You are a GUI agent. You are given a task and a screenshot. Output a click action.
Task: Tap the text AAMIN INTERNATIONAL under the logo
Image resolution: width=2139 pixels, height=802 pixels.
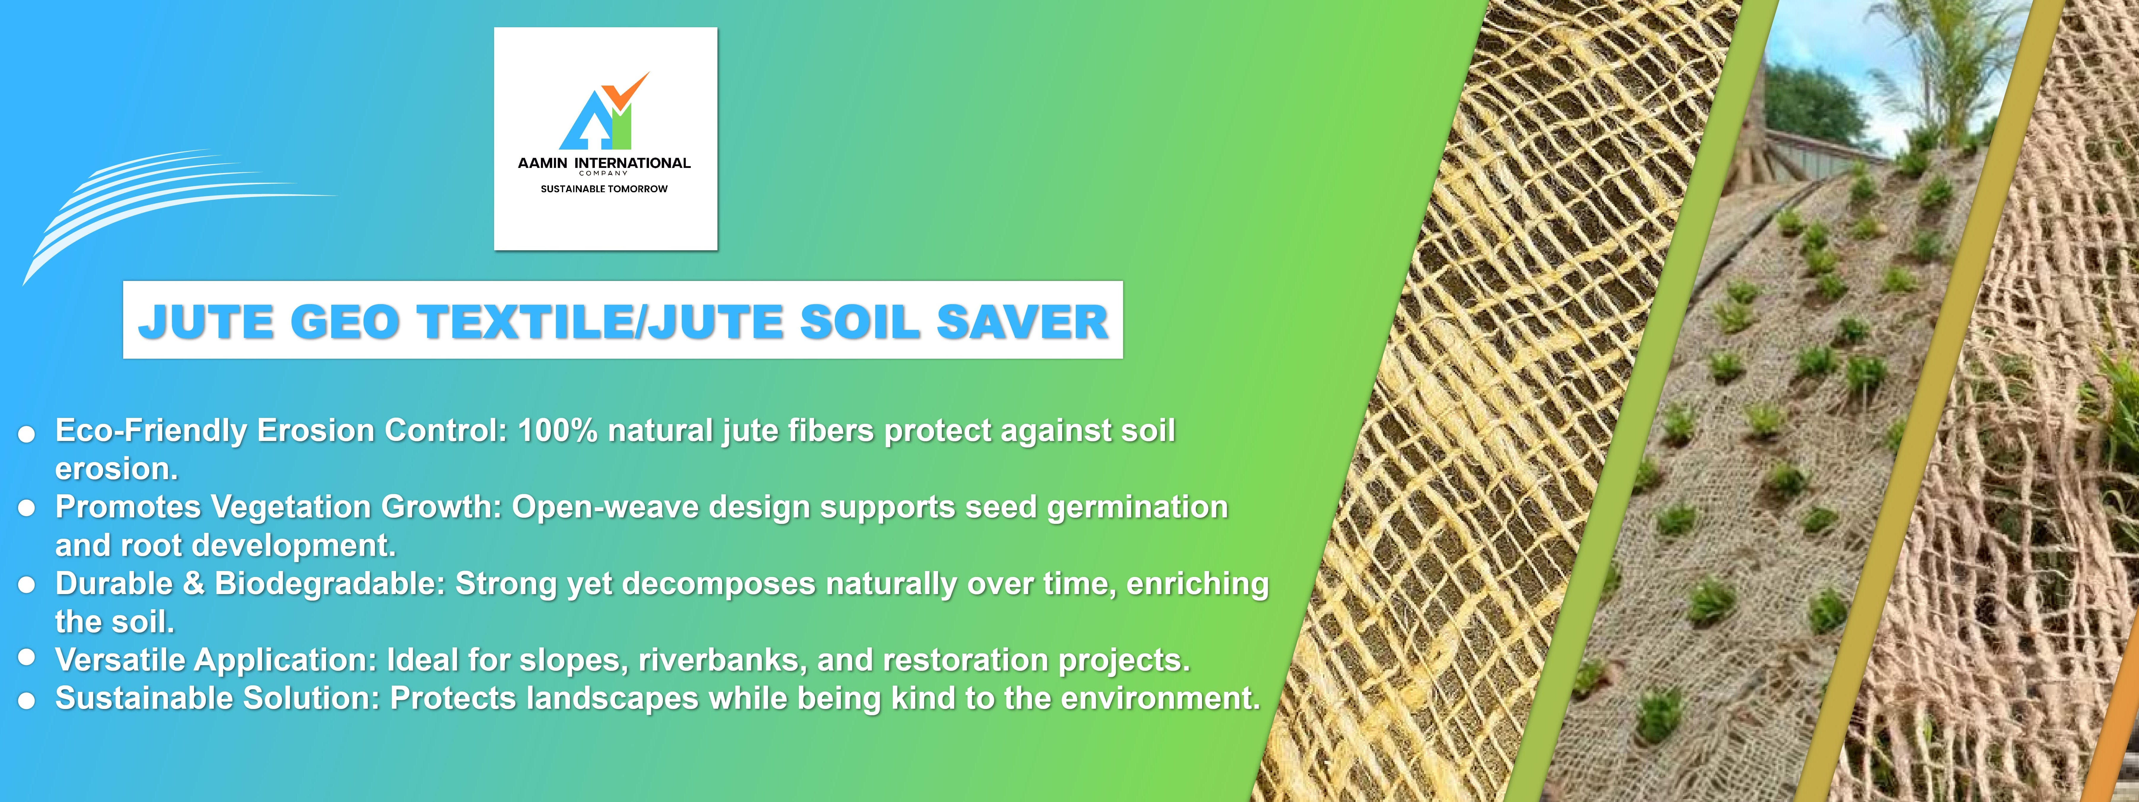pos(605,163)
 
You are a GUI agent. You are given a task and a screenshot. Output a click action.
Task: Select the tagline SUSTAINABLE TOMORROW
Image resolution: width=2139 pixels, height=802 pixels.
pos(605,188)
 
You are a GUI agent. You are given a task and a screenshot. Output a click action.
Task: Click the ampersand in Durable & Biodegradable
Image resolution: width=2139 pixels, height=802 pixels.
pos(193,584)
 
